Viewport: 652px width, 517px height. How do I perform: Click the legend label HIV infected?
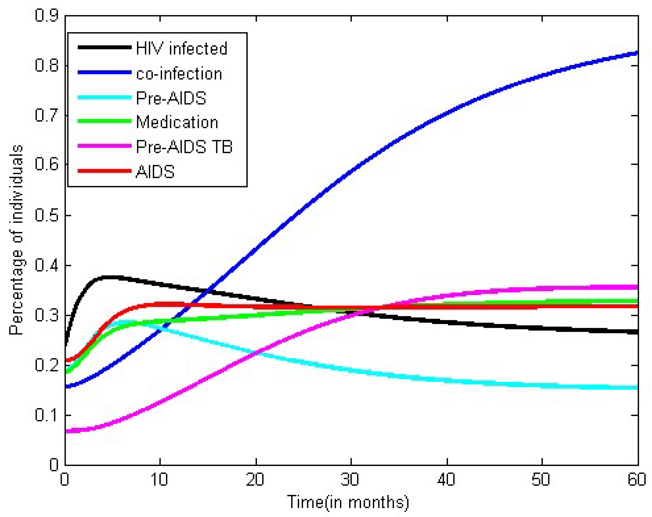pyautogui.click(x=181, y=49)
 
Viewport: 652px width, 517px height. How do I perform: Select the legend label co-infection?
pyautogui.click(x=179, y=74)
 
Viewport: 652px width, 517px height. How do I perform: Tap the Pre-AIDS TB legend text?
pyautogui.click(x=184, y=147)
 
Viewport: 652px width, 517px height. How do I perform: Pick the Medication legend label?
pyautogui.click(x=177, y=122)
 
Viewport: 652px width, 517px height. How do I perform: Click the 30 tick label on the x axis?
pyautogui.click(x=350, y=480)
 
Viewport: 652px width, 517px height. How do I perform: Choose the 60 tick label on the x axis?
pyautogui.click(x=637, y=480)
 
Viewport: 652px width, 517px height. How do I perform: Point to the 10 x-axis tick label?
pyautogui.click(x=159, y=480)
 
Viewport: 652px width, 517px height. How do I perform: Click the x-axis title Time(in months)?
pyautogui.click(x=348, y=502)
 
